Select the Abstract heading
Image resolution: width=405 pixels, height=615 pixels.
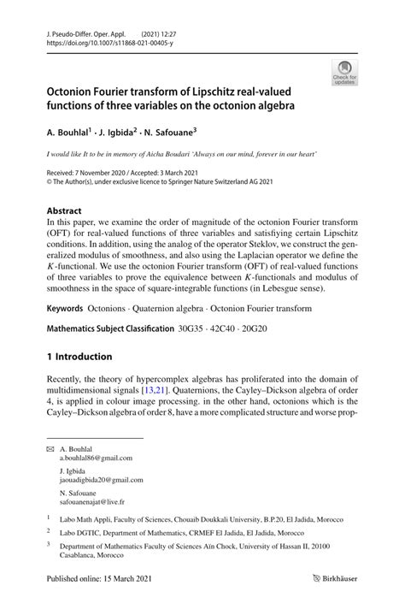tap(65, 210)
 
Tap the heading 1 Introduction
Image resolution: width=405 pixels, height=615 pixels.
tap(79, 356)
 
